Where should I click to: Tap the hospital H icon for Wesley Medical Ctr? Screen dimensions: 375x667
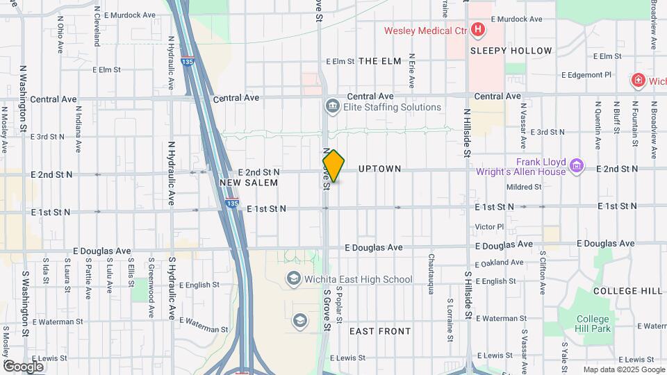click(477, 30)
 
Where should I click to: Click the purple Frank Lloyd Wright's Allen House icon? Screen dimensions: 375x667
click(575, 166)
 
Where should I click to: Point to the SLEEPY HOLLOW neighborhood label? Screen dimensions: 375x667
click(511, 51)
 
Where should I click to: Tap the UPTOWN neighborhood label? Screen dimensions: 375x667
click(379, 169)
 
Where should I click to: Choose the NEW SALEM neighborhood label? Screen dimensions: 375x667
click(249, 183)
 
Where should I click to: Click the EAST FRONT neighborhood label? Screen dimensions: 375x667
click(380, 331)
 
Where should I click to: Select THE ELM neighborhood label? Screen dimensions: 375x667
click(380, 61)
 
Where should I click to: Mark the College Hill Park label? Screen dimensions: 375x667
click(593, 324)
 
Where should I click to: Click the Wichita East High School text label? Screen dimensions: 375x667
click(359, 279)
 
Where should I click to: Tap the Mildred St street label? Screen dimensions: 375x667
click(524, 187)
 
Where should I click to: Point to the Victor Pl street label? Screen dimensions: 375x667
click(489, 227)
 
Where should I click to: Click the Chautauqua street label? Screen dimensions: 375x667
click(431, 273)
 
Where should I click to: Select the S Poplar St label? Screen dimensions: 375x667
click(340, 303)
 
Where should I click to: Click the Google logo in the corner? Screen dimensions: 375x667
click(23, 366)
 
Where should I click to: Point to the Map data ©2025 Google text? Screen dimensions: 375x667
click(623, 369)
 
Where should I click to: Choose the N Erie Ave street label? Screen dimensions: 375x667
click(412, 70)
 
